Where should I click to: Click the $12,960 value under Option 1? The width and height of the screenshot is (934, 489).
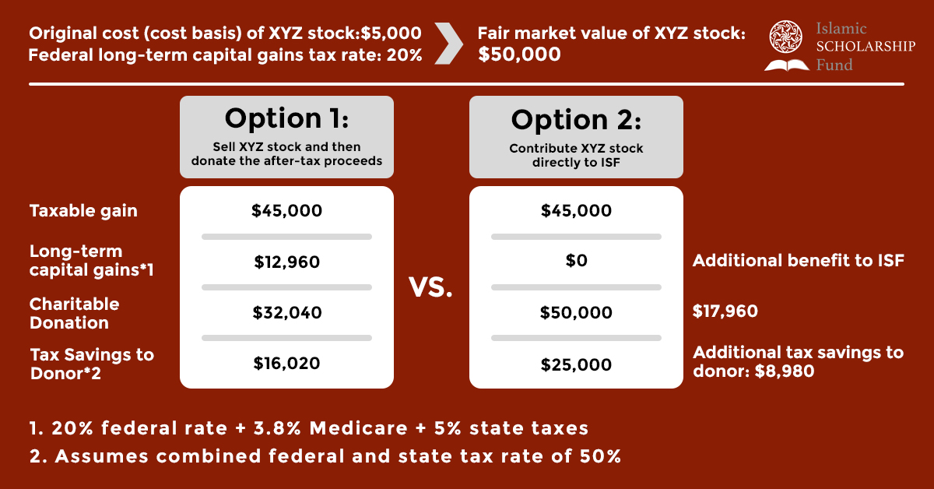(x=287, y=262)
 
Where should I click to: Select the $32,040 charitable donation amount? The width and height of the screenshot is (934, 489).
(x=287, y=312)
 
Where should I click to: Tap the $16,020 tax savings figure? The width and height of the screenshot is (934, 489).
(x=287, y=364)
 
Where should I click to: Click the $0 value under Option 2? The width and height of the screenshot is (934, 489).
(x=576, y=261)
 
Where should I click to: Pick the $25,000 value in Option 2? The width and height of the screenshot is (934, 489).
(x=576, y=364)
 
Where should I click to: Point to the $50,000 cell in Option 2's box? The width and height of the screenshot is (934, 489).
(x=576, y=312)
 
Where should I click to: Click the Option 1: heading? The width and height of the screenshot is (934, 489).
(x=287, y=118)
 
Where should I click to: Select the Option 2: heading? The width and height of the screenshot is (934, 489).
(x=576, y=120)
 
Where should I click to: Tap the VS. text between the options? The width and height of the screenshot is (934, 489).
(x=430, y=287)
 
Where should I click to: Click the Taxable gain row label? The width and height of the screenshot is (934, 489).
(x=83, y=211)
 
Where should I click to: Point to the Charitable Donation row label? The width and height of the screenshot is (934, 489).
(x=74, y=313)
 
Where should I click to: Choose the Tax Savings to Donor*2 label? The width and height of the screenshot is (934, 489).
(x=92, y=364)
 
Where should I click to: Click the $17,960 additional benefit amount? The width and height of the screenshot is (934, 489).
(x=725, y=311)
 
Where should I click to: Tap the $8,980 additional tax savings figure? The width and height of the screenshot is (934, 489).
(x=785, y=371)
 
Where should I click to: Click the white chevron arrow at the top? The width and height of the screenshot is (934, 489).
(x=448, y=44)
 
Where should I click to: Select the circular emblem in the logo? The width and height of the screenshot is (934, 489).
(x=785, y=37)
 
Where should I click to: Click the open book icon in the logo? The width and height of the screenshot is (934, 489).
(x=787, y=65)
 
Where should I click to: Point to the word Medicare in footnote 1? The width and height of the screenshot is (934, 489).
(x=359, y=428)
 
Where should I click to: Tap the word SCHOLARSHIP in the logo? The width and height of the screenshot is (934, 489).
(x=866, y=46)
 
